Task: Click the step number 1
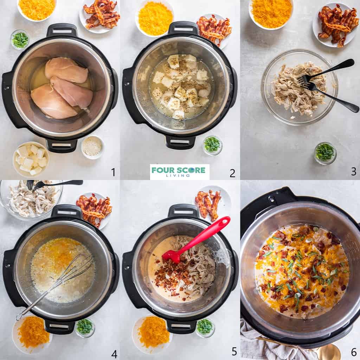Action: [x=113, y=172]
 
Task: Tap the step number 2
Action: [x=232, y=173]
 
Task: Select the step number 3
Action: [x=353, y=171]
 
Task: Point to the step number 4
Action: [x=114, y=353]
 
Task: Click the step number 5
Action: [x=234, y=351]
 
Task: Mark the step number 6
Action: [x=353, y=352]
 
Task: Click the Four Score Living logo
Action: [x=179, y=172]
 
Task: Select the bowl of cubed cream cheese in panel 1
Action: [x=31, y=159]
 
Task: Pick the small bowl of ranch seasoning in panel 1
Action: [x=92, y=146]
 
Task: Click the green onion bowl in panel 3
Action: [x=325, y=153]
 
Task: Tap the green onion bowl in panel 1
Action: [x=20, y=39]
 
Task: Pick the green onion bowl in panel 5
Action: [x=205, y=327]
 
